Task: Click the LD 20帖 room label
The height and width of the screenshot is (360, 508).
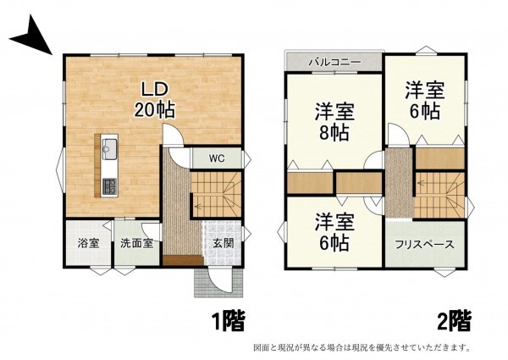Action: (152, 97)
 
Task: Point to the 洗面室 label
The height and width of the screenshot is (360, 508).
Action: (135, 243)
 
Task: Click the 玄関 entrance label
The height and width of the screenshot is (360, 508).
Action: (224, 244)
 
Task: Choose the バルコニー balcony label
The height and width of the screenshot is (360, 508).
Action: (334, 63)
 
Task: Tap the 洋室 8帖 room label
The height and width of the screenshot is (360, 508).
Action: (334, 121)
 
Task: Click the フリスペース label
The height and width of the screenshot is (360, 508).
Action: (424, 244)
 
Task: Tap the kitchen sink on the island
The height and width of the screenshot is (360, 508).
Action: (109, 152)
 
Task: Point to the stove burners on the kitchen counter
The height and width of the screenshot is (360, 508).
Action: (109, 186)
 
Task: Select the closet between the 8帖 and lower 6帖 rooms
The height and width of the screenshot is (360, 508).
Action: (310, 183)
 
